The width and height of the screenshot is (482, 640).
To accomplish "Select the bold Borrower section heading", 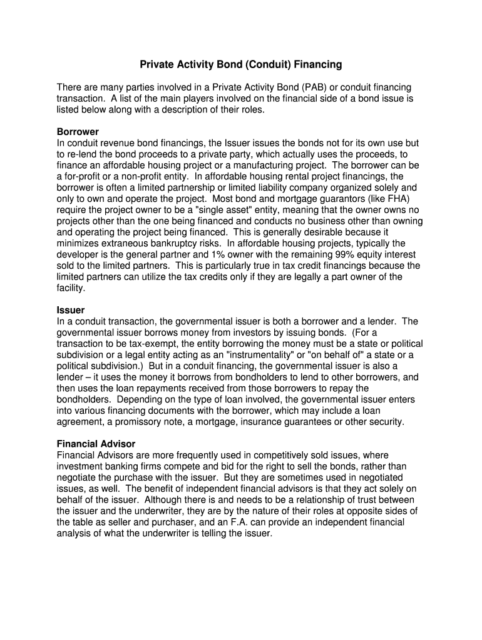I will click(78, 132).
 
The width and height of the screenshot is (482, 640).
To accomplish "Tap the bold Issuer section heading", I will click(71, 310).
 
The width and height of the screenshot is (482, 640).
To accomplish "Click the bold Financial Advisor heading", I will click(96, 444).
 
